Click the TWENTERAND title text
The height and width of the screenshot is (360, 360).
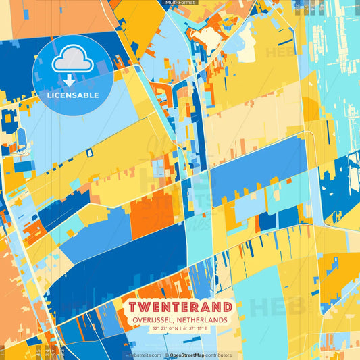(180, 308)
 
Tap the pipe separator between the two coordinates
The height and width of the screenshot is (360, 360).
(180, 328)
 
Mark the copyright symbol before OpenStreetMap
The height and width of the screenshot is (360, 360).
(166, 355)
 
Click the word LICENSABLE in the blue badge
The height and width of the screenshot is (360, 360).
(73, 95)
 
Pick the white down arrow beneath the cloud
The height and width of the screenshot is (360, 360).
(69, 79)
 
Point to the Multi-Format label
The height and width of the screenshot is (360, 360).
(180, 3)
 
